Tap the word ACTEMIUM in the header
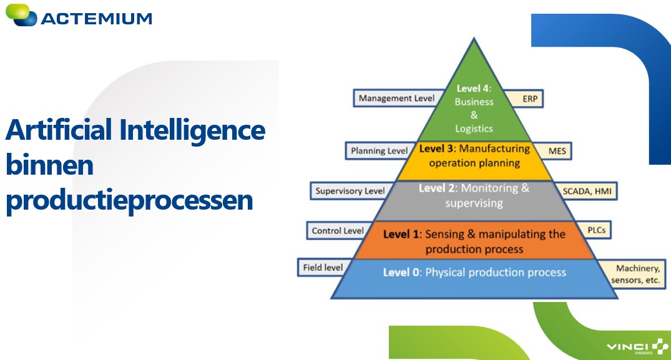tap(97, 19)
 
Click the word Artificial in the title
tap(59, 130)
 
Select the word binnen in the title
tap(50, 165)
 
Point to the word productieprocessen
tap(129, 200)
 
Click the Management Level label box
tap(396, 99)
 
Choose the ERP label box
tap(524, 99)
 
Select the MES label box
tap(553, 151)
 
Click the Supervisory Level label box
tap(349, 191)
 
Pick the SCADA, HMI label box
tap(586, 191)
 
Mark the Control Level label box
tap(337, 231)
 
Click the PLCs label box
tap(594, 230)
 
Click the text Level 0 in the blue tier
tap(401, 273)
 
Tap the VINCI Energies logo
tap(637, 346)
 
